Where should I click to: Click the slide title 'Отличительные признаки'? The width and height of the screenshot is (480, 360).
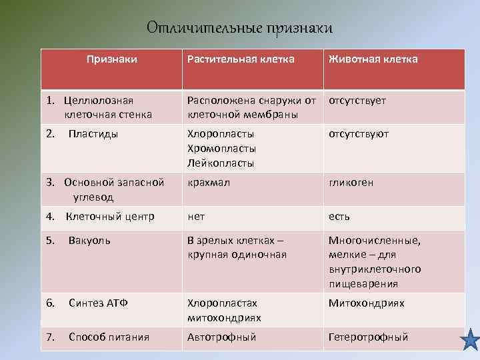[x=239, y=28]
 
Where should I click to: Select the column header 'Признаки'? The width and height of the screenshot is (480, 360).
[x=112, y=59]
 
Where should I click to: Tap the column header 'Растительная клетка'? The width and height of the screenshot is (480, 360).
[x=241, y=59]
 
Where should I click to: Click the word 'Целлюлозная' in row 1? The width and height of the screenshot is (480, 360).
[x=99, y=101]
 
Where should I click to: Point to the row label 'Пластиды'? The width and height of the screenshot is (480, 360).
[x=93, y=134]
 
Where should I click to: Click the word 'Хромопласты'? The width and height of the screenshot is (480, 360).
[x=222, y=149]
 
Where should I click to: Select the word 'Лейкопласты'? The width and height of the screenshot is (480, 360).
[x=221, y=163]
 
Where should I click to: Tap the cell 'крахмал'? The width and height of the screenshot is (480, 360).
[x=209, y=183]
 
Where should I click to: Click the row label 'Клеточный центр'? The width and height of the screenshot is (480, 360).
[x=109, y=217]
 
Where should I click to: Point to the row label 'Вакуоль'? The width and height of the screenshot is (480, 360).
[x=89, y=240]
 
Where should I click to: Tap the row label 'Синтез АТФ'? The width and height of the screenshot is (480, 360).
[x=98, y=303]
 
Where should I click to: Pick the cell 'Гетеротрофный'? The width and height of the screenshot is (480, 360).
[x=368, y=337]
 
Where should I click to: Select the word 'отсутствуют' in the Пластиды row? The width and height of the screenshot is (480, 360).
[x=359, y=134]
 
